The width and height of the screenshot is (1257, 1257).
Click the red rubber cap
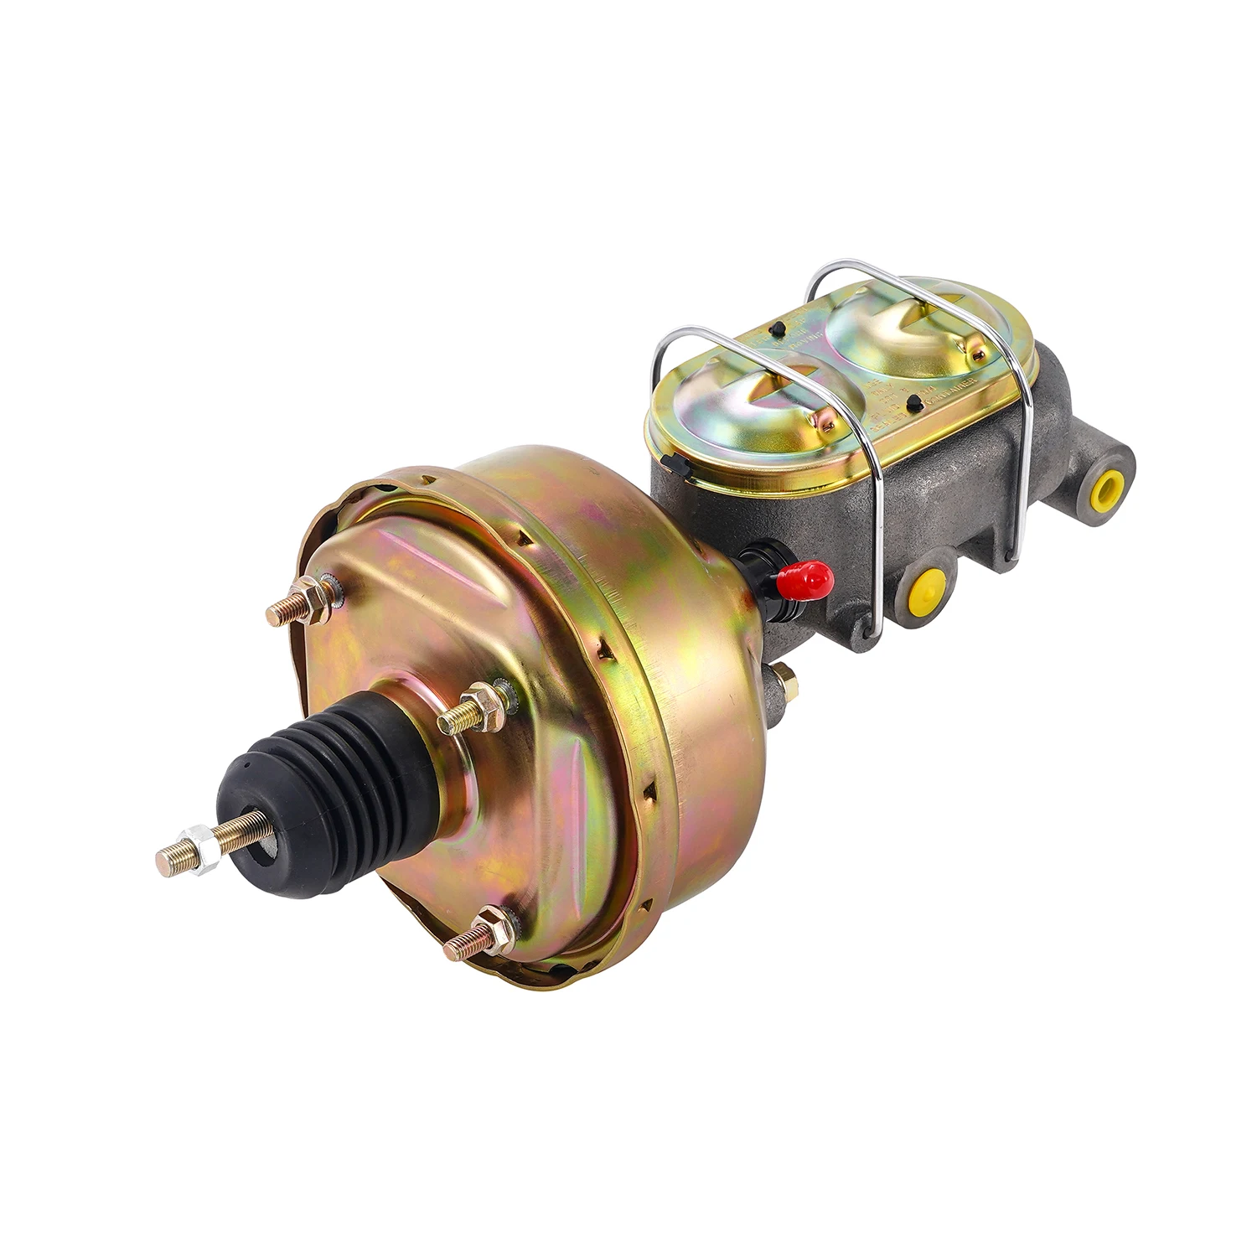point(806,577)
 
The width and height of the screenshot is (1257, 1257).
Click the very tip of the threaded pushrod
point(161,861)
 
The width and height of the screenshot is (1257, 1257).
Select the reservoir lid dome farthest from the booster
point(905,326)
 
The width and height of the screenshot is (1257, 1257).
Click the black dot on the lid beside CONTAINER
point(916,403)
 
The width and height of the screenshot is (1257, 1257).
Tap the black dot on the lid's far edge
point(779,327)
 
